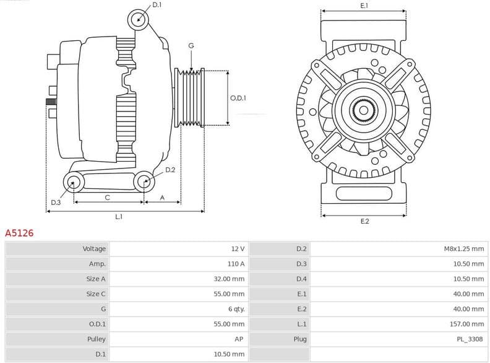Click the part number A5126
pos(19,234)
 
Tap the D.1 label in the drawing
pos(157,5)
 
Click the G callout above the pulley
pos(191,46)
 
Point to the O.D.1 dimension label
pos(238,98)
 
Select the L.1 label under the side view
pos(119,217)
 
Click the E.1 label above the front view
pos(364,6)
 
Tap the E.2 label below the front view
pos(364,221)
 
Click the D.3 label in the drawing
pos(56,203)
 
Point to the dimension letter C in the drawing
pos(108,198)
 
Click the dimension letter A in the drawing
pos(162,198)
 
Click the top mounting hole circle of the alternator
pos(139,20)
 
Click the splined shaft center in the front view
pos(364,111)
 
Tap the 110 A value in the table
pos(236,264)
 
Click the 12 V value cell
pos(238,249)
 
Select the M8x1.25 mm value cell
pos(463,249)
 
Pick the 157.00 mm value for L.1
pos(468,324)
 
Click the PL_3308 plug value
pos(470,339)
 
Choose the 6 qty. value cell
pos(236,309)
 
